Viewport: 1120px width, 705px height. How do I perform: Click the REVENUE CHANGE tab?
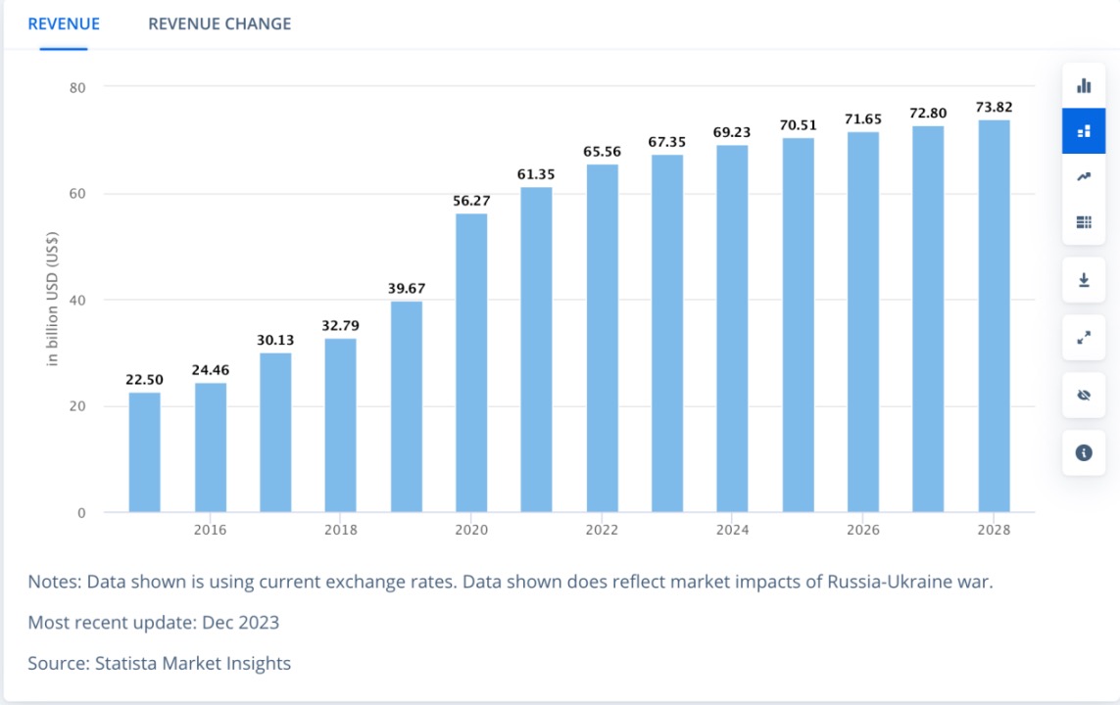point(219,23)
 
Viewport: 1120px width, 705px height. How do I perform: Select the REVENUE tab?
point(64,23)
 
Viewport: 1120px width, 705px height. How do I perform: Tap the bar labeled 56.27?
point(471,362)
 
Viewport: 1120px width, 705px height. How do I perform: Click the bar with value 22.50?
point(144,451)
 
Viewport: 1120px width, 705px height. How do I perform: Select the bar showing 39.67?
point(407,406)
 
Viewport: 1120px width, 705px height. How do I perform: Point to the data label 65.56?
point(603,152)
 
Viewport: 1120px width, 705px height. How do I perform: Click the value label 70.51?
point(799,125)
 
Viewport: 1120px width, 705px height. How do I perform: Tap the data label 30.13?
point(275,340)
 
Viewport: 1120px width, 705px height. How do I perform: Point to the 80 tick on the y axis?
point(78,87)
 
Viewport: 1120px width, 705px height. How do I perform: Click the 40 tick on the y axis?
point(78,300)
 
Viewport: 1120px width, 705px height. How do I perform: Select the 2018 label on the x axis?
point(341,530)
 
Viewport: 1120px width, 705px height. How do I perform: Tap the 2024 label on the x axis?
point(733,530)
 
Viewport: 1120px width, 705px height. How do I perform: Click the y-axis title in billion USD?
point(53,299)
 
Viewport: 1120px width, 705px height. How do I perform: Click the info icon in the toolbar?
point(1084,452)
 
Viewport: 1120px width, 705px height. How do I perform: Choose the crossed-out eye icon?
point(1084,396)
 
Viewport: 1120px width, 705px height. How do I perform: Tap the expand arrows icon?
point(1084,337)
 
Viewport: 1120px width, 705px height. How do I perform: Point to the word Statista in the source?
point(126,663)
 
